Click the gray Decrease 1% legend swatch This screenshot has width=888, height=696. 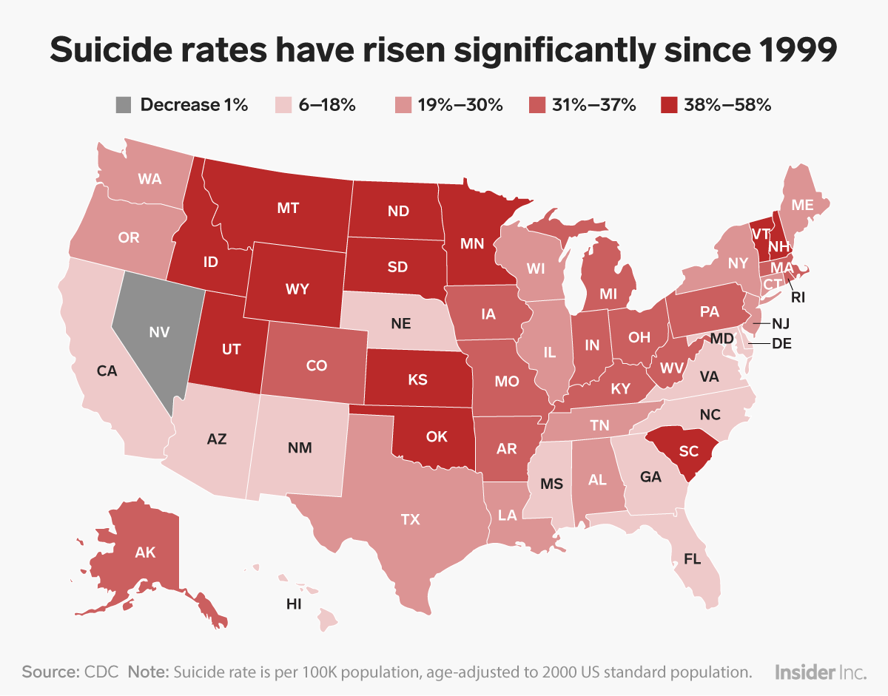(121, 105)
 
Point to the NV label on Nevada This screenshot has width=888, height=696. (157, 333)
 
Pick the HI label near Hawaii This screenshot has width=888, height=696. (294, 604)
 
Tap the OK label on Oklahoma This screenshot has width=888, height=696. (437, 436)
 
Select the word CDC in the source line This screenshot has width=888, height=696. (101, 672)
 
